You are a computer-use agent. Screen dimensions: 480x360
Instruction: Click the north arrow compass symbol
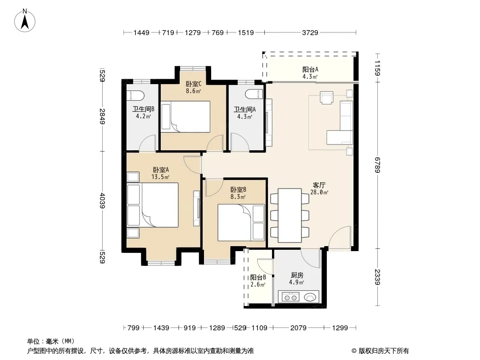tap(25, 21)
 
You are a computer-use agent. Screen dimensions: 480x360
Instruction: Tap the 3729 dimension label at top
tap(310, 32)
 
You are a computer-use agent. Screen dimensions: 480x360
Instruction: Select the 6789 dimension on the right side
tap(377, 165)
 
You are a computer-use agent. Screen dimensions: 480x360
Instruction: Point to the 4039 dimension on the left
tap(103, 201)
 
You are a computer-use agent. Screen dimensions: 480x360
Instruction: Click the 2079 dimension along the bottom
tap(298, 328)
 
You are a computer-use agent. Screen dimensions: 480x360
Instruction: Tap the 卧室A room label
tap(161, 170)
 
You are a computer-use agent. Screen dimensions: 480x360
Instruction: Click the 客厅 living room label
tap(319, 185)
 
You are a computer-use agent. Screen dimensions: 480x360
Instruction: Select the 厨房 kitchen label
tap(297, 275)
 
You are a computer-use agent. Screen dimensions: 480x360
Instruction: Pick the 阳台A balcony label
tap(310, 69)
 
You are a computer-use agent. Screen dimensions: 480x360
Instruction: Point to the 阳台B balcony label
tap(258, 277)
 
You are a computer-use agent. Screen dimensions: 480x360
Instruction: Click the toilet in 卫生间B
tap(135, 95)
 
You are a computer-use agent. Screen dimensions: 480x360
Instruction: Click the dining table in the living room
tap(290, 216)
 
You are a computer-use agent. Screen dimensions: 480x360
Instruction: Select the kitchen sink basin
tap(310, 297)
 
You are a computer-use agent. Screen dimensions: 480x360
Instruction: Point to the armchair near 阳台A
tap(326, 98)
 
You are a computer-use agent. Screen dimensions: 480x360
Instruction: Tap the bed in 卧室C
tap(186, 117)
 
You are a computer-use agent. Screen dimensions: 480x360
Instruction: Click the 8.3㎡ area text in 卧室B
tap(238, 197)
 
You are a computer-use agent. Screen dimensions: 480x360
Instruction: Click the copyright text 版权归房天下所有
tap(384, 351)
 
